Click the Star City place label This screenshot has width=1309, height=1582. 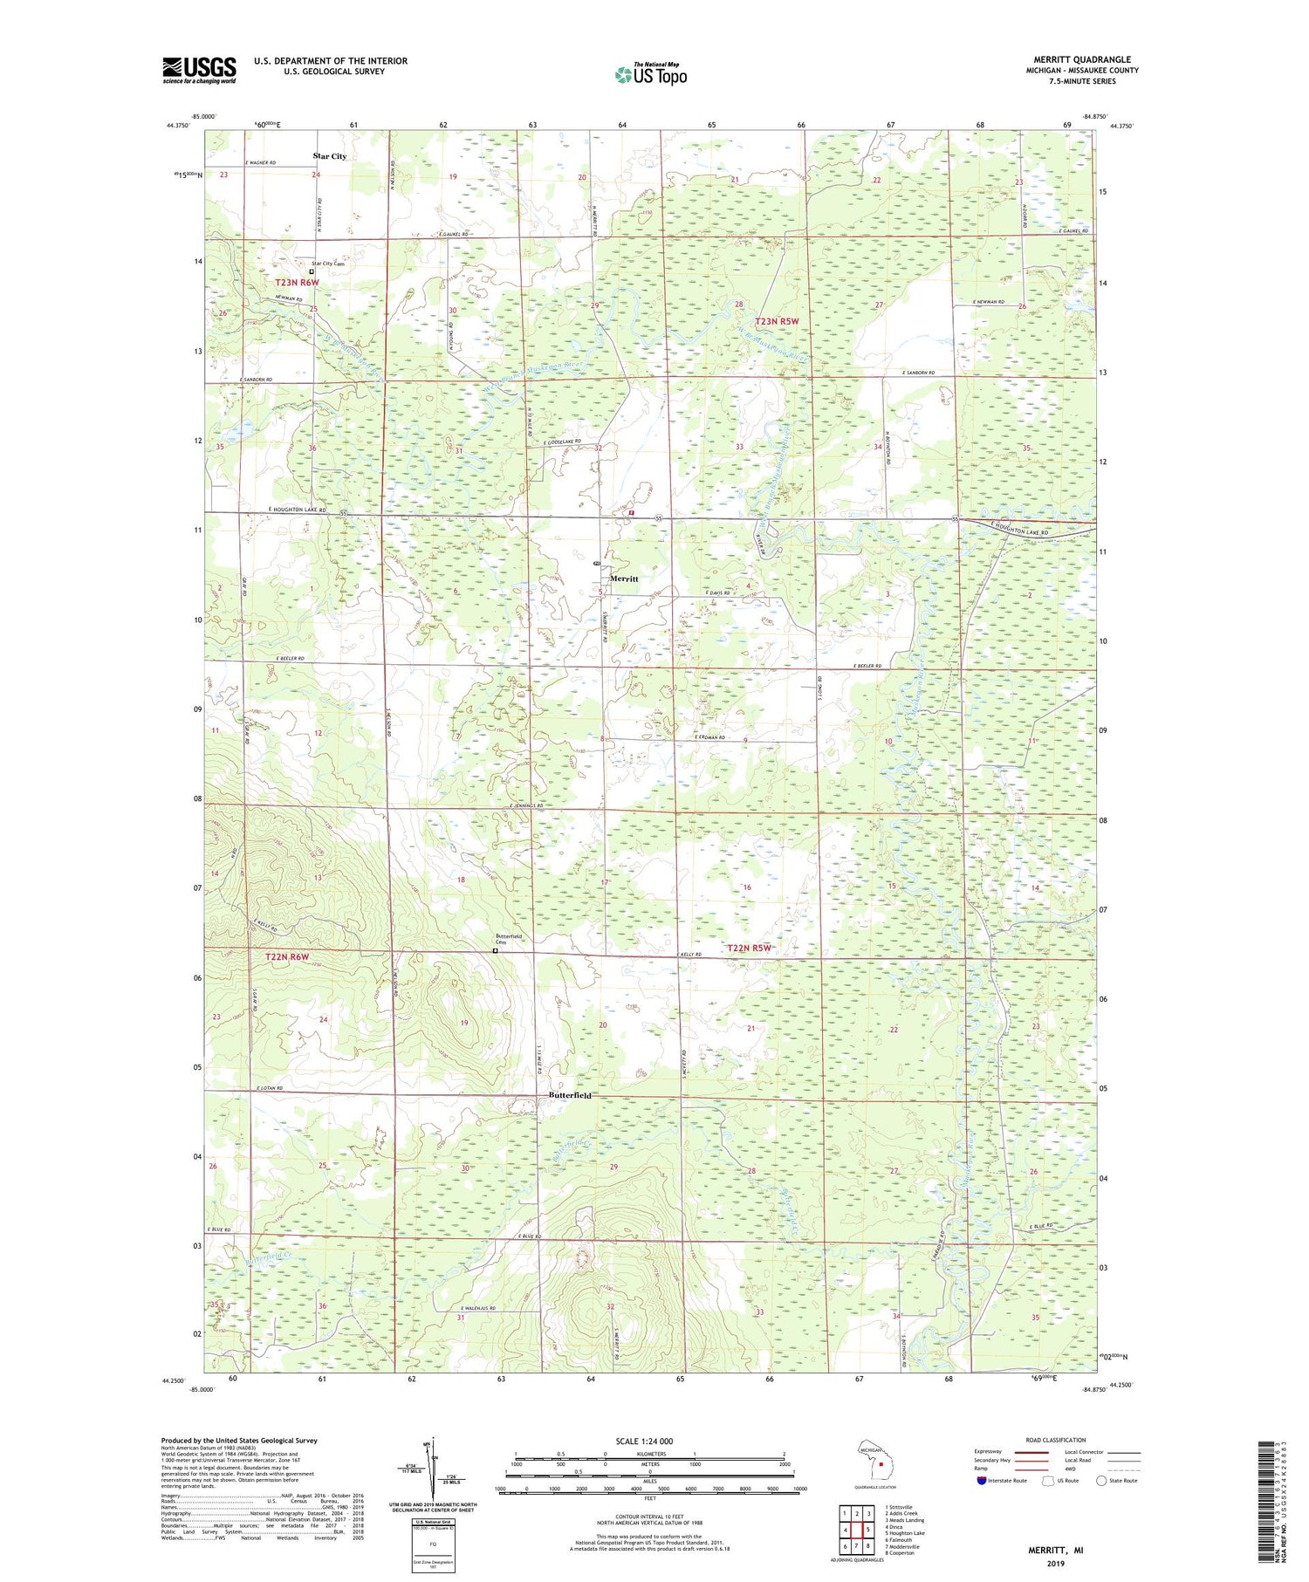pyautogui.click(x=330, y=156)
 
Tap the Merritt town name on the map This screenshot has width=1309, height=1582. pyautogui.click(x=624, y=579)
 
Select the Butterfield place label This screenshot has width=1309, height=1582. pyautogui.click(x=570, y=1095)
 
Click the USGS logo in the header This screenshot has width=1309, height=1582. pyautogui.click(x=199, y=70)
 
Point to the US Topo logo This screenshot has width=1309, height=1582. pyautogui.click(x=650, y=75)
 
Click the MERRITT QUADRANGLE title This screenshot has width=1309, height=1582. pyautogui.click(x=1079, y=59)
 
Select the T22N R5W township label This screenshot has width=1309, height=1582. pyautogui.click(x=750, y=948)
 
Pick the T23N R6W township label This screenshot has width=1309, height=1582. pyautogui.click(x=298, y=283)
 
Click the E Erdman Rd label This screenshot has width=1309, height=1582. pyautogui.click(x=710, y=738)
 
